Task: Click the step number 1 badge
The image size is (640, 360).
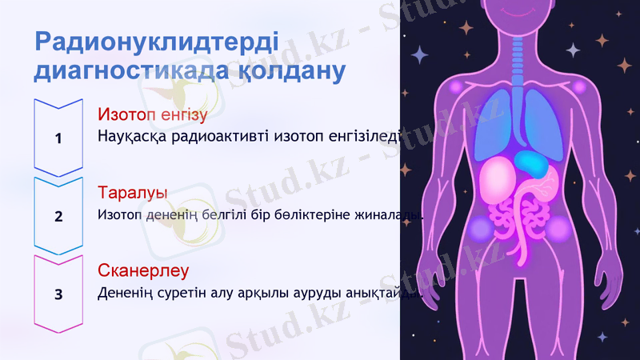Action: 58,138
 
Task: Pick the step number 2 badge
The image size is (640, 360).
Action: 58,216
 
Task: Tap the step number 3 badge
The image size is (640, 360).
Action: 58,294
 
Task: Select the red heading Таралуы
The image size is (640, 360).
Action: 132,194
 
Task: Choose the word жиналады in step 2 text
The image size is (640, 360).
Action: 390,214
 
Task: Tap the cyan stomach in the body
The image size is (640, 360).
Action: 530,163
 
